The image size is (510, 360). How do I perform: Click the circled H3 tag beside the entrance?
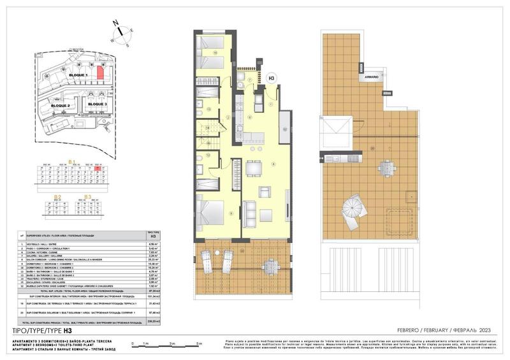click(x=271, y=79)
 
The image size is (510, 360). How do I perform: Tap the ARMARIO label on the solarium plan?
click(x=372, y=77)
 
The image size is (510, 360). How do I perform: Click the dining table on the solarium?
click(x=386, y=168)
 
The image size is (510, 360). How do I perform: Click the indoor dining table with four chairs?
click(x=254, y=168)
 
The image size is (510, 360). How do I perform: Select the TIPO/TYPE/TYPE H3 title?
click(x=40, y=331)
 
